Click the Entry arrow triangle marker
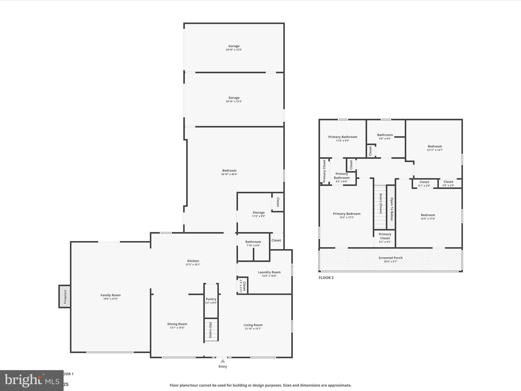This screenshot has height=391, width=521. [223, 361]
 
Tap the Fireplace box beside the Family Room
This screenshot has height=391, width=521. [65, 297]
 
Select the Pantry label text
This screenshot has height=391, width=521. [211, 299]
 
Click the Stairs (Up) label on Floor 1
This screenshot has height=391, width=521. [210, 330]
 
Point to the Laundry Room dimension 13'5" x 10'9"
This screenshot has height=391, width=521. [269, 276]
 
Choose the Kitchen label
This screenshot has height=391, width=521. [193, 261]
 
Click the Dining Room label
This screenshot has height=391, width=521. [177, 324]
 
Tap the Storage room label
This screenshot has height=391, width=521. [258, 212]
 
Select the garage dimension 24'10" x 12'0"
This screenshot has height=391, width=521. [234, 50]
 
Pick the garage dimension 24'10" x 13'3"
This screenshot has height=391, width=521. [234, 101]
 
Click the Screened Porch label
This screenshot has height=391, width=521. [390, 258]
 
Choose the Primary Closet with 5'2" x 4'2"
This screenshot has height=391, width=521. [385, 238]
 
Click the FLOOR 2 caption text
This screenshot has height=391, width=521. [326, 277]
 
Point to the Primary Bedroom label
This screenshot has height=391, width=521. [346, 214]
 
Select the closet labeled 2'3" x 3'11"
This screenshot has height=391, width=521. [243, 286]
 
